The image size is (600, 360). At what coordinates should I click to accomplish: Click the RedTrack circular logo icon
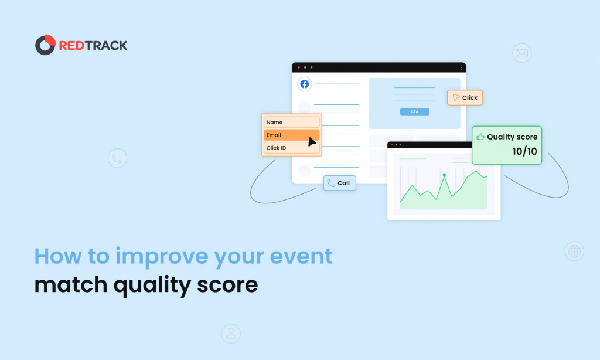45,45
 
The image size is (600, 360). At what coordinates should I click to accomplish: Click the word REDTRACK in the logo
93,45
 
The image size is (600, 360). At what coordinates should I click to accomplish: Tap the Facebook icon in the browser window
304,84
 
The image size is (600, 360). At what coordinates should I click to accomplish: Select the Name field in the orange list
291,122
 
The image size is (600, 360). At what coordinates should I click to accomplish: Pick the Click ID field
291,148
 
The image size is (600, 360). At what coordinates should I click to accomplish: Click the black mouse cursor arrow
312,141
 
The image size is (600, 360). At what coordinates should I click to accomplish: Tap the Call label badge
339,183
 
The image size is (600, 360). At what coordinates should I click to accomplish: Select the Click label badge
465,97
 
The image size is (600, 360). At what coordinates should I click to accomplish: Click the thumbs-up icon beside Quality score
480,137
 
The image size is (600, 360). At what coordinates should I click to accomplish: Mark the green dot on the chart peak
444,175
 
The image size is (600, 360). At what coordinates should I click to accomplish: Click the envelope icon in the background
521,53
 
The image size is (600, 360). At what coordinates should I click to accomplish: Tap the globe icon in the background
574,251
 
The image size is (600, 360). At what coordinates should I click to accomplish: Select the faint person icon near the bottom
231,334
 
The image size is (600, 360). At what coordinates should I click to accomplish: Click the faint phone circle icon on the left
117,158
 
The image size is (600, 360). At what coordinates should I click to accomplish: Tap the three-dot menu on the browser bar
461,67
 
